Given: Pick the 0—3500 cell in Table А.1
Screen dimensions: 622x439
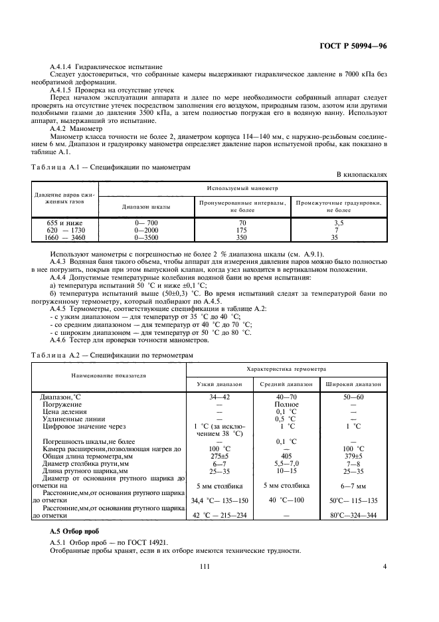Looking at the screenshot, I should coord(146,237).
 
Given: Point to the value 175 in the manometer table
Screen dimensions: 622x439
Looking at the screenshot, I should coord(242,230).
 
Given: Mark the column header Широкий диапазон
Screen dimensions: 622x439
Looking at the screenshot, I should coord(353,383).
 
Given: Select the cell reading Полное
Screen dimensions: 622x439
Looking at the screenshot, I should coord(286,403).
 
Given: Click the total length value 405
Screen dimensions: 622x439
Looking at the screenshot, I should coord(286,456).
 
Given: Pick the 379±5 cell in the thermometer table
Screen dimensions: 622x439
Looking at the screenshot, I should coord(353,456).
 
